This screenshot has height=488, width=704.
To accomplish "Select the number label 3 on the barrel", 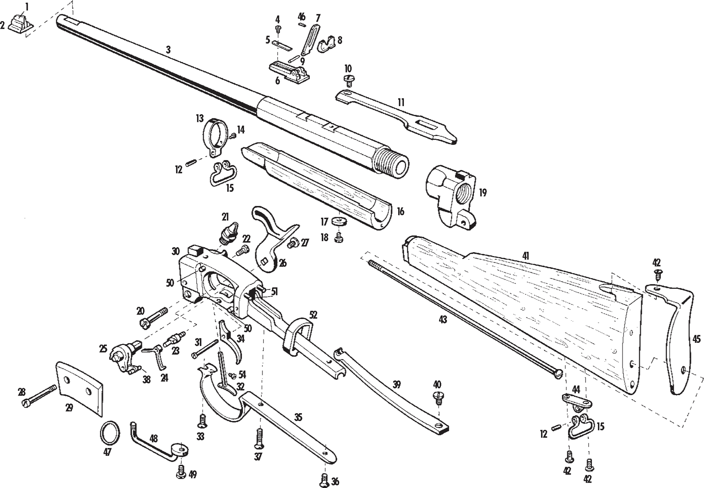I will point(168,49).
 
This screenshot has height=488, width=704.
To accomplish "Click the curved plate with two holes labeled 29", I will point(79,387).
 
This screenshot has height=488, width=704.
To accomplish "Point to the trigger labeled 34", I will point(232,343).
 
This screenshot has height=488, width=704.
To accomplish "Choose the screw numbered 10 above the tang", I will point(349,80).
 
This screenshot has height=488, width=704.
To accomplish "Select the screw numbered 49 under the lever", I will point(180,473).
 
